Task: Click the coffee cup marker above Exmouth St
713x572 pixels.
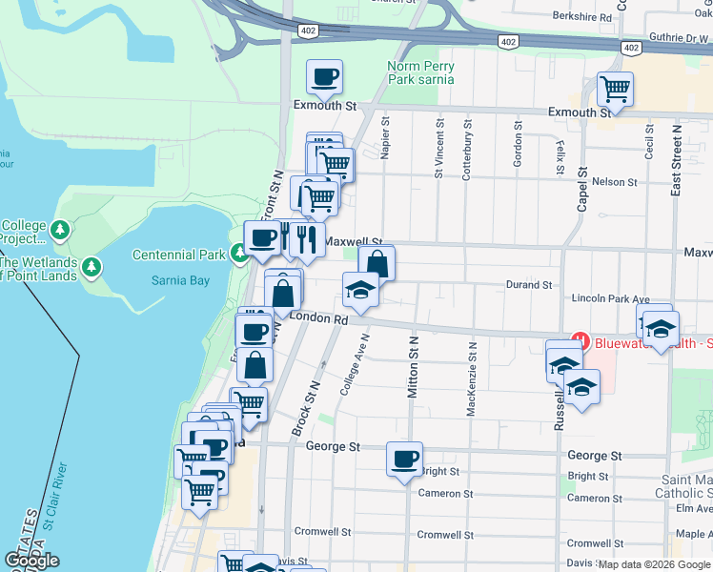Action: pos(324,77)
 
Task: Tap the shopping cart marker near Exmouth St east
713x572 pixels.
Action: pos(616,91)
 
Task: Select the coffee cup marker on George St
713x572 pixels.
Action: pos(404,459)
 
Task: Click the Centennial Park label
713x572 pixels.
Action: pos(178,255)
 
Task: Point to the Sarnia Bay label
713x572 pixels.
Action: pos(180,280)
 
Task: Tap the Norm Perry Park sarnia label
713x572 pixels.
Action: pos(420,72)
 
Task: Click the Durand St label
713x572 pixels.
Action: pos(529,284)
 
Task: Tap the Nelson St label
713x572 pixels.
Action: pos(614,181)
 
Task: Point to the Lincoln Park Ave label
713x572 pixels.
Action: pos(610,298)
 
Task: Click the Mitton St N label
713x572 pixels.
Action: pos(413,366)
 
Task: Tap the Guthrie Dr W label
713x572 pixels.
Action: pos(678,38)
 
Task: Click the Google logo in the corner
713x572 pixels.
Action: pos(31,561)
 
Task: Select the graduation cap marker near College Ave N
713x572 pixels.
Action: pos(360,291)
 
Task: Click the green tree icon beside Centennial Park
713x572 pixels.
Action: pos(239,254)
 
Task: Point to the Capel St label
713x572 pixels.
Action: pos(581,192)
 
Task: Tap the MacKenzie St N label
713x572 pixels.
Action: pos(471,379)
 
